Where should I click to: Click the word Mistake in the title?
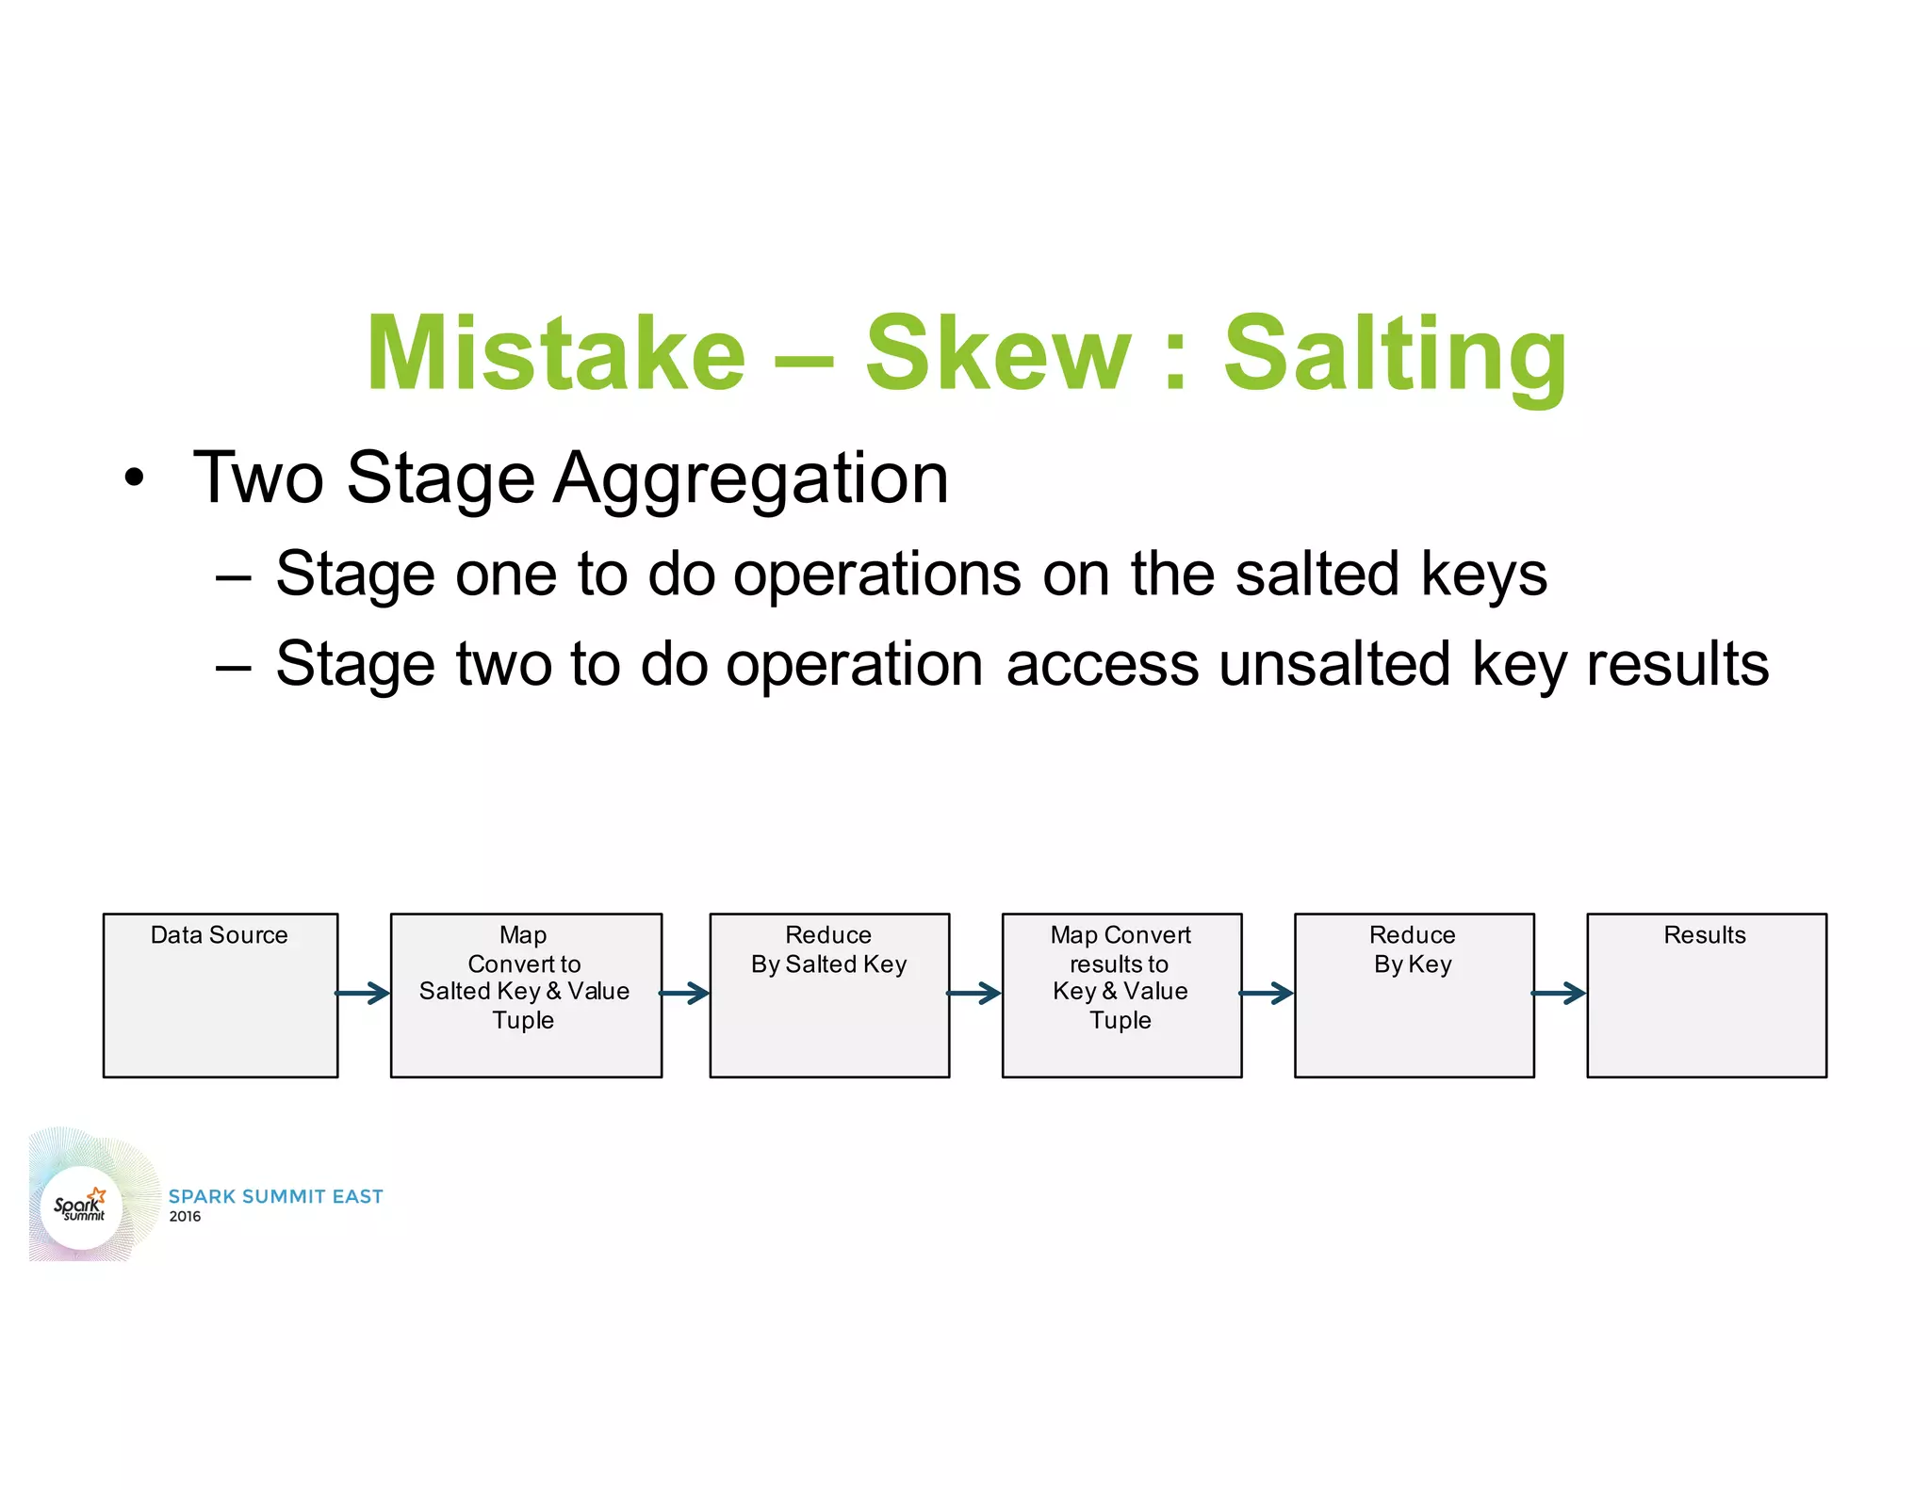pyautogui.click(x=556, y=353)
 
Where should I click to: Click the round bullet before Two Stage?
pyautogui.click(x=135, y=478)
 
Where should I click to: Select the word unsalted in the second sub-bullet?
pyautogui.click(x=1333, y=664)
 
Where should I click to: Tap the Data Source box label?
pyautogui.click(x=219, y=935)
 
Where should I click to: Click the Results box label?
pyautogui.click(x=1704, y=935)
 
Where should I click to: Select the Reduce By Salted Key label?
pyautogui.click(x=828, y=949)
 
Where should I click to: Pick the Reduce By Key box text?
pyautogui.click(x=1412, y=949)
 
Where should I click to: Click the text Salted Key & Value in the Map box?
pyautogui.click(x=524, y=992)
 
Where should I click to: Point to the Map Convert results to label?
pyautogui.click(x=1120, y=949)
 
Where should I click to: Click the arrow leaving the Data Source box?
pyautogui.click(x=363, y=993)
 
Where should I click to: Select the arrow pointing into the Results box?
pyautogui.click(x=1560, y=993)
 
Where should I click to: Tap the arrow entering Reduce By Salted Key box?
pyautogui.click(x=685, y=993)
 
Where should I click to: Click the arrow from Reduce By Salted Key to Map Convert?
pyautogui.click(x=974, y=993)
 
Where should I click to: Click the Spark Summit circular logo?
pyautogui.click(x=82, y=1207)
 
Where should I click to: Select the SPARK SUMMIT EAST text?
pyautogui.click(x=275, y=1196)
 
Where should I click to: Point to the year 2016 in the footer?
pyautogui.click(x=185, y=1217)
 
